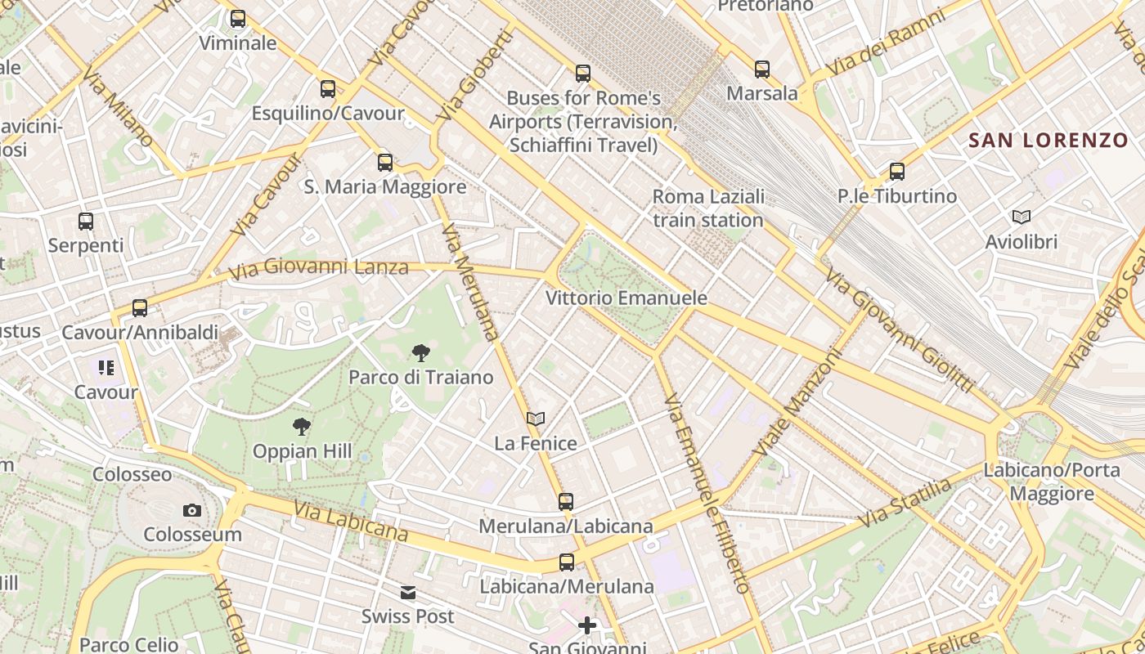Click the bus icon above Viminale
pyautogui.click(x=238, y=18)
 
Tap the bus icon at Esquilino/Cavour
pyautogui.click(x=328, y=88)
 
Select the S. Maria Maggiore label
pyautogui.click(x=385, y=187)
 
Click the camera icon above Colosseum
pyautogui.click(x=192, y=510)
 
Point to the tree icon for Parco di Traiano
pyautogui.click(x=421, y=353)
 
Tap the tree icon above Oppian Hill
pyautogui.click(x=302, y=427)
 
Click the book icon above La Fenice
pyautogui.click(x=536, y=419)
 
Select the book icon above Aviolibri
pyautogui.click(x=1022, y=217)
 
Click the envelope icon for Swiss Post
pyautogui.click(x=408, y=593)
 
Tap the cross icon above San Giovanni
pyautogui.click(x=587, y=626)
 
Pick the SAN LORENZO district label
pyautogui.click(x=1048, y=140)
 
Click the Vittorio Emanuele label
pyautogui.click(x=626, y=298)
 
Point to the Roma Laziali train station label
pyautogui.click(x=708, y=208)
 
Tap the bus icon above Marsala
pyautogui.click(x=762, y=69)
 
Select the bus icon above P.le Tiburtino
pyautogui.click(x=897, y=172)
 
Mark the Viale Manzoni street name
pyautogui.click(x=797, y=403)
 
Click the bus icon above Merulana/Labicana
pyautogui.click(x=566, y=502)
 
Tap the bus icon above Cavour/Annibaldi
pyautogui.click(x=140, y=308)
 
